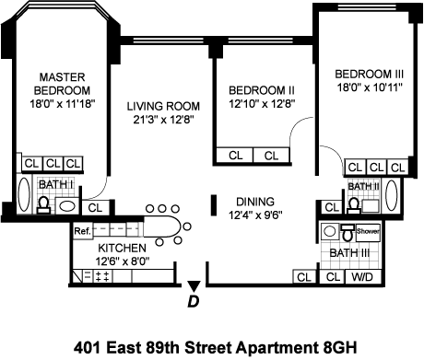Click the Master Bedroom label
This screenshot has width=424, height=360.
coord(62,84)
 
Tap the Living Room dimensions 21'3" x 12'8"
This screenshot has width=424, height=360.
coord(163,120)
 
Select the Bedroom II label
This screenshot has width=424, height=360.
coord(262,90)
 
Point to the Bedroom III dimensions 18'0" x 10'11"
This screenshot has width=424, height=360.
coord(370,87)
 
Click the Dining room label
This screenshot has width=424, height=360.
coord(255,202)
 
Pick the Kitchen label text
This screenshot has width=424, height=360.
coord(122,248)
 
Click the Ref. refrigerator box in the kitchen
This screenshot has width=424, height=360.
coord(82,231)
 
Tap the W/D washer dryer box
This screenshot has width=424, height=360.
coord(362,277)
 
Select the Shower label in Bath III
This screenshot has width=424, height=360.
coord(368,231)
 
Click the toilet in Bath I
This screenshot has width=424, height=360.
coord(43,205)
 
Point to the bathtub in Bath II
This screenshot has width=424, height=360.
coord(392,195)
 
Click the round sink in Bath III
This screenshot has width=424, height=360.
coord(329,231)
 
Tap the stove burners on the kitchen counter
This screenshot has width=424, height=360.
coord(102,276)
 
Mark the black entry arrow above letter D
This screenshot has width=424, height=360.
coord(194,286)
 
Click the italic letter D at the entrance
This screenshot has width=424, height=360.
coord(194,302)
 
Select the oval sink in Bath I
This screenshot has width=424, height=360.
coord(67,206)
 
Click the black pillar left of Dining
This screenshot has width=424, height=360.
coord(214,205)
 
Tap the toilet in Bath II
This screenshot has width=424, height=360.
coord(354,205)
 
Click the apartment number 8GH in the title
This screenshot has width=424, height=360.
coord(340,348)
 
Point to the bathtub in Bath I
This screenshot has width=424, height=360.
coord(24,194)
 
